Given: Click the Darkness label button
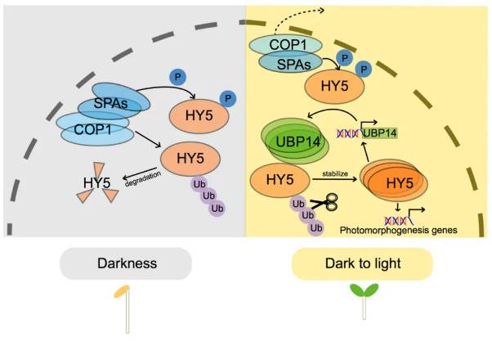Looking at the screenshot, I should (126, 264).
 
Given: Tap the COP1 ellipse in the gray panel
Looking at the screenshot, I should (91, 128).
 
